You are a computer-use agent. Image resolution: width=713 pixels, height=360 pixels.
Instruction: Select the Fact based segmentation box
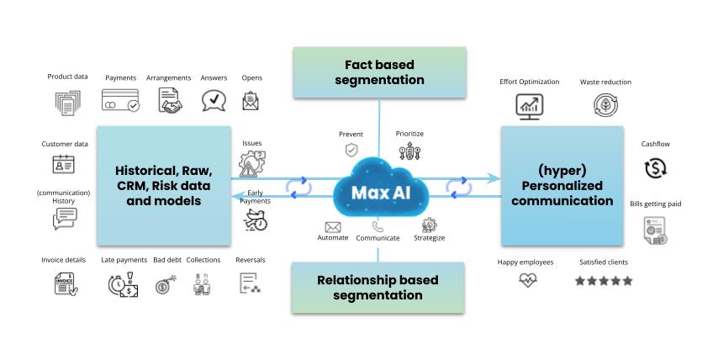[x=378, y=72]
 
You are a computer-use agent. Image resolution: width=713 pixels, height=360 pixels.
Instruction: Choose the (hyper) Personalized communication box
[x=562, y=185]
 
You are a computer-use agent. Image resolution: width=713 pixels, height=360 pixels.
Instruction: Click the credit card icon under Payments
[x=120, y=101]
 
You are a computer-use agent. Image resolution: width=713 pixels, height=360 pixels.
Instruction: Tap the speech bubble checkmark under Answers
[x=214, y=101]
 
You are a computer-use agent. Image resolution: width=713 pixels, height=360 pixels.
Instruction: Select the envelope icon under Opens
[x=251, y=101]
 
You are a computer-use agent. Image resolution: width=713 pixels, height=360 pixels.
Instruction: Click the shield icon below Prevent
[x=351, y=151]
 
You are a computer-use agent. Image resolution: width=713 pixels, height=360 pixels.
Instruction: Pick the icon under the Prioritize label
[x=409, y=151]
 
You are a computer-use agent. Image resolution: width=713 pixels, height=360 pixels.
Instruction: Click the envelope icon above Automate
[x=333, y=226]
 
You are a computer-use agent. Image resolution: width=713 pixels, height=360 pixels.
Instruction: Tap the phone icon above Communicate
[x=378, y=225]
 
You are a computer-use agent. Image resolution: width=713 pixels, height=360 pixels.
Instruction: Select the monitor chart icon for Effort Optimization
[x=529, y=105]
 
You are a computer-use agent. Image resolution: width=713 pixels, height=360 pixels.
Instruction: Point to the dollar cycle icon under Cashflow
[x=655, y=167]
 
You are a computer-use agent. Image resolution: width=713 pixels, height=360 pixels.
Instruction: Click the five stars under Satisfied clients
[x=603, y=281]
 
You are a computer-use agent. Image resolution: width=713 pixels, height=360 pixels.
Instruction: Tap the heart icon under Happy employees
[x=527, y=281]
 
